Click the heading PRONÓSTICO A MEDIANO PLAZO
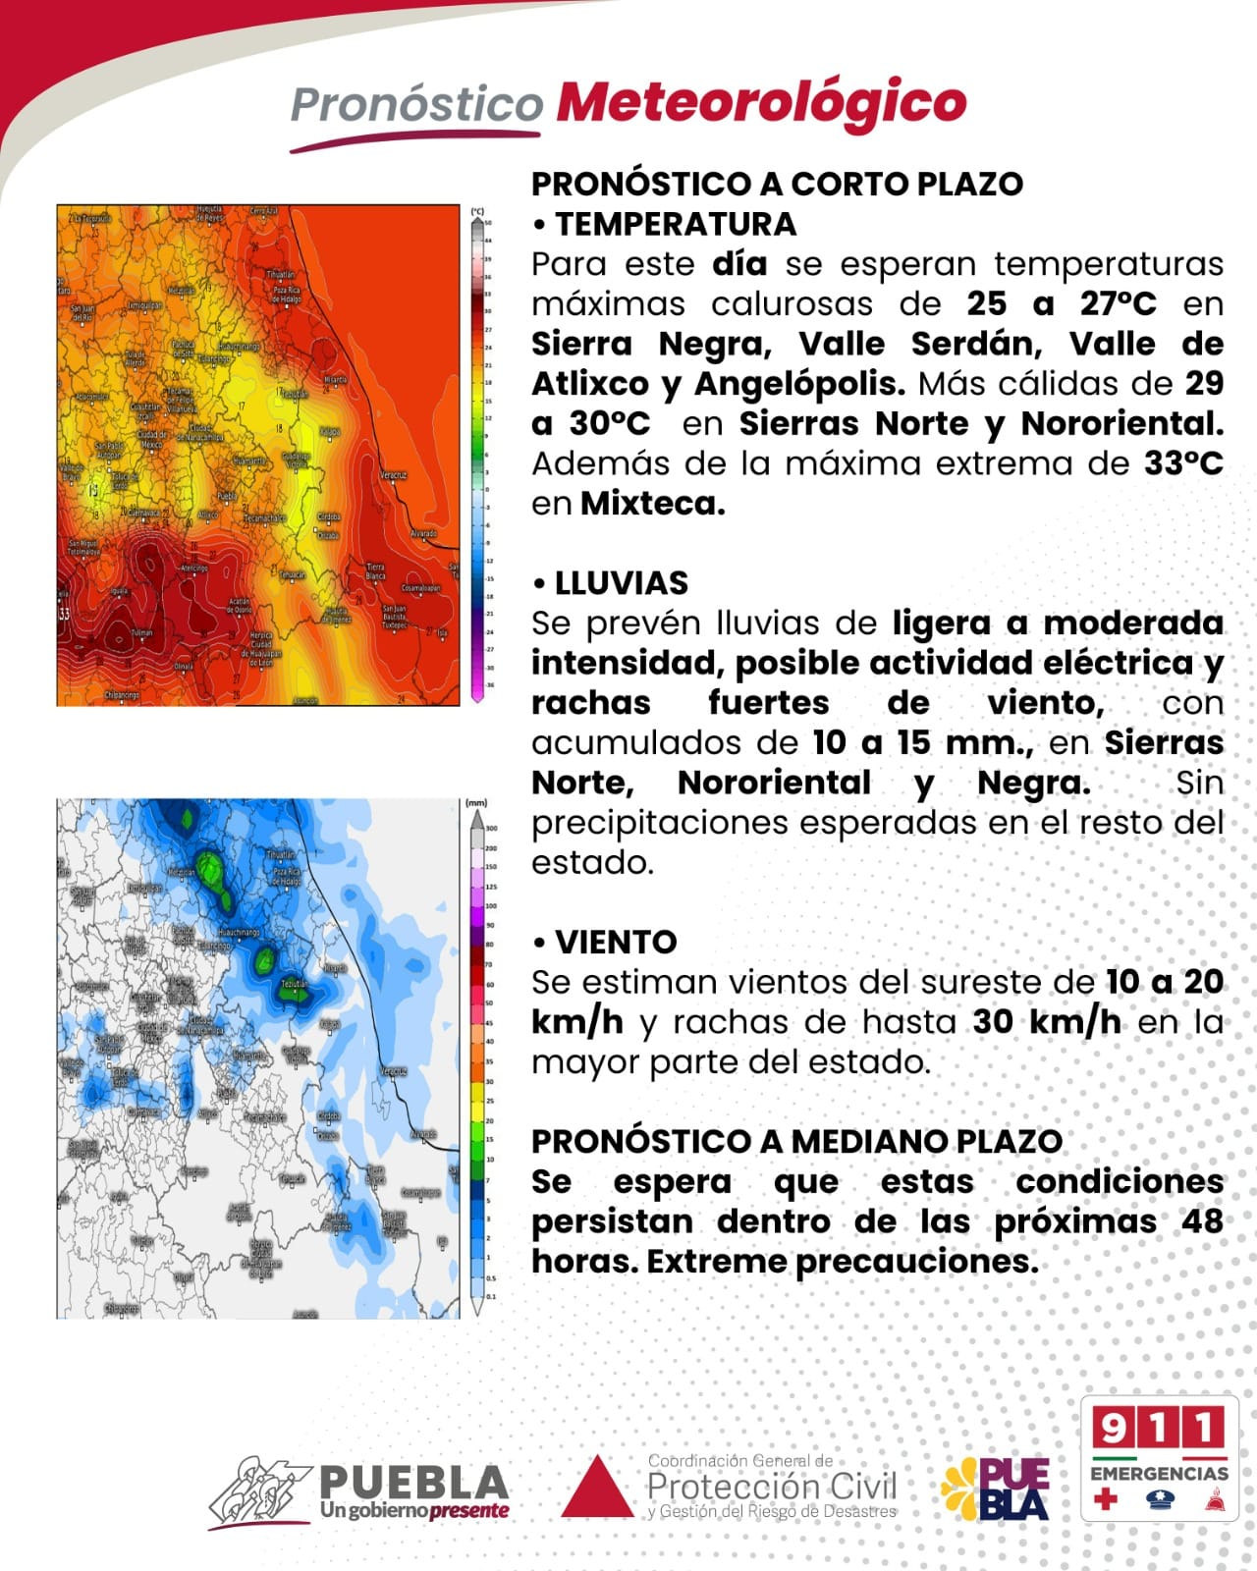pyautogui.click(x=796, y=1142)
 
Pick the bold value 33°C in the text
pyautogui.click(x=1183, y=463)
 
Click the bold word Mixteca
pyautogui.click(x=652, y=504)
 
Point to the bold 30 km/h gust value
pyautogui.click(x=1046, y=1022)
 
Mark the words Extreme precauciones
pyautogui.click(x=842, y=1262)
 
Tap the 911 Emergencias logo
pyautogui.click(x=1159, y=1458)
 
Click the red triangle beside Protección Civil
pyautogui.click(x=597, y=1489)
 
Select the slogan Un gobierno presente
pyautogui.click(x=414, y=1510)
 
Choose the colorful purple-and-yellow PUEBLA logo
pyautogui.click(x=995, y=1489)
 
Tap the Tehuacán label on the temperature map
pyautogui.click(x=293, y=575)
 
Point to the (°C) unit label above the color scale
pyautogui.click(x=477, y=211)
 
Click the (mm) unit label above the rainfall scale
pyautogui.click(x=476, y=803)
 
